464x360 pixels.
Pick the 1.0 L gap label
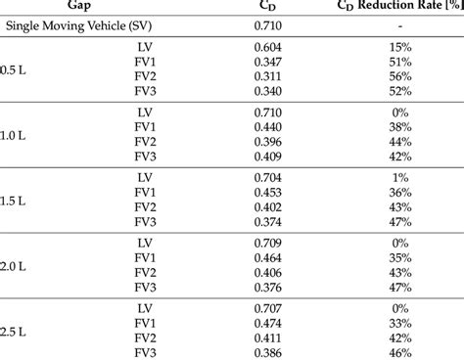13,133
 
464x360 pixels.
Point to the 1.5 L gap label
13,199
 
